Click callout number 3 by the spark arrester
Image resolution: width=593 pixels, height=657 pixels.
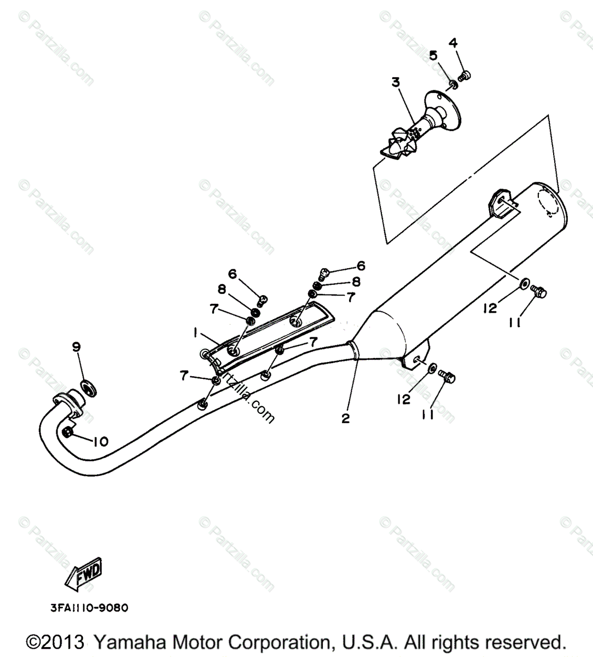point(396,82)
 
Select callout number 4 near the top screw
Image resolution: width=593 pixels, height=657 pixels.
point(453,43)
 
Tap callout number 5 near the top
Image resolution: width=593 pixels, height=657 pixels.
point(433,55)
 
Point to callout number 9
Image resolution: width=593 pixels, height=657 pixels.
point(77,346)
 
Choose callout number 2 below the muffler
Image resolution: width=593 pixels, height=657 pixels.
point(345,418)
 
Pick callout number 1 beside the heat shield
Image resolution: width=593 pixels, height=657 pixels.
point(194,332)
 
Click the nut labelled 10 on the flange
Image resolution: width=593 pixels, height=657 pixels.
point(68,433)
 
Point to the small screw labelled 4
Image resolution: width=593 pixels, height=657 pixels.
point(466,76)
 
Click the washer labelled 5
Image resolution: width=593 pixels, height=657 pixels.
point(454,84)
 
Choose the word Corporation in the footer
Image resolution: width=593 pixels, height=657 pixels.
point(276,642)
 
